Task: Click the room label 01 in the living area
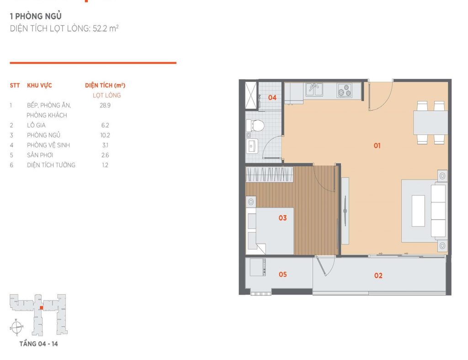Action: click(x=377, y=146)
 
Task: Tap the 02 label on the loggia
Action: click(x=378, y=275)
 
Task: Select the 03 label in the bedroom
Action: click(x=282, y=218)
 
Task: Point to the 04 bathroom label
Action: click(x=272, y=97)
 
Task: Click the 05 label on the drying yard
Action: click(x=282, y=275)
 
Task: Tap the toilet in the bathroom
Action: click(x=255, y=126)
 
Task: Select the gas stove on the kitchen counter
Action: click(x=344, y=90)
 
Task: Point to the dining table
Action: click(x=430, y=122)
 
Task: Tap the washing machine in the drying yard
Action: click(x=258, y=267)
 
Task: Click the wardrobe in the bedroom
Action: click(x=269, y=175)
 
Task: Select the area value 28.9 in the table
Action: click(x=105, y=105)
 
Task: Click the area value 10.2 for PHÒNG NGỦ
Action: click(x=105, y=135)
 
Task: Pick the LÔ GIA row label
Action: click(x=36, y=125)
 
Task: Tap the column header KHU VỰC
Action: click(x=39, y=85)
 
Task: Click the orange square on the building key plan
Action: click(x=42, y=308)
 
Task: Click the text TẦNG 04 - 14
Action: click(x=38, y=344)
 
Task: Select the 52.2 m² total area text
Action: click(x=106, y=29)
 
